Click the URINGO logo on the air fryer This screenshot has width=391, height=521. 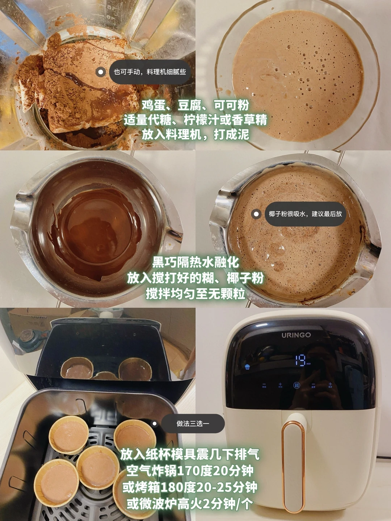296,335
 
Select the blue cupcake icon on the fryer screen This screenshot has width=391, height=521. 247,367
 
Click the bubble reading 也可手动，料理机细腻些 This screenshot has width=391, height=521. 150,72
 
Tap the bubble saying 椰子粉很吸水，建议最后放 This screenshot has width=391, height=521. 305,214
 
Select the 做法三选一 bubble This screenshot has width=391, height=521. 193,424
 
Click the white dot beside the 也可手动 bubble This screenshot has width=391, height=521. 101,72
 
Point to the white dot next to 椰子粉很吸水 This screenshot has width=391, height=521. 256,214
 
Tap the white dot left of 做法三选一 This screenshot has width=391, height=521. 155,424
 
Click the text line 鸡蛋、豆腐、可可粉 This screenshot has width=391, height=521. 195,106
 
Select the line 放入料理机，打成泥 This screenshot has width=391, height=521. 195,134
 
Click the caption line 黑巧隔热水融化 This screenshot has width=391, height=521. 195,263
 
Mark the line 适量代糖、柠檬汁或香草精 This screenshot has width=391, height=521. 195,120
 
